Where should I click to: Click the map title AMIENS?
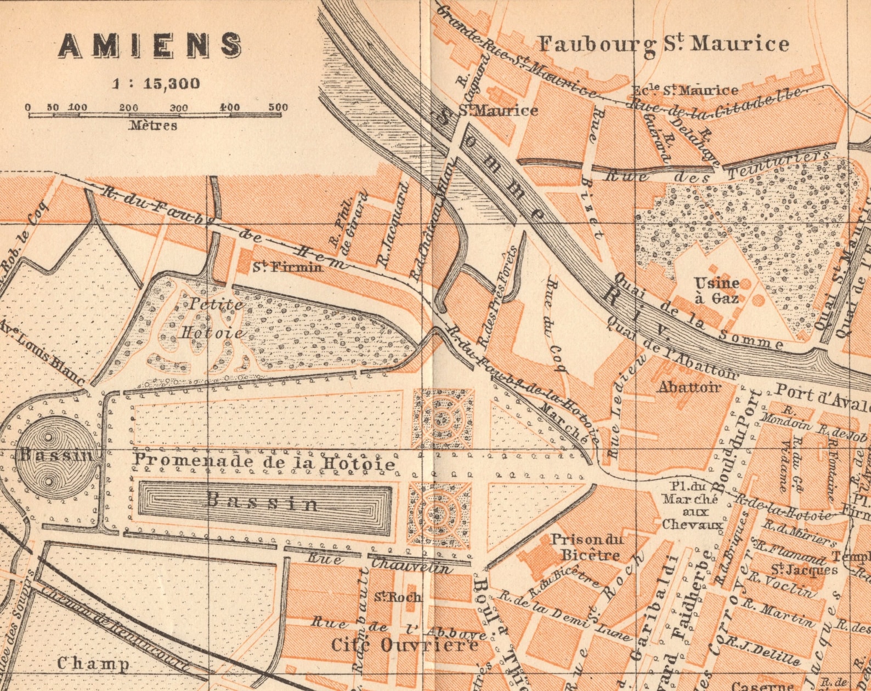tap(150, 45)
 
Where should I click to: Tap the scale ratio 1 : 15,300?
tap(156, 84)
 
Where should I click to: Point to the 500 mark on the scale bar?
tap(278, 107)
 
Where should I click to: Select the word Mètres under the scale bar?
tap(153, 125)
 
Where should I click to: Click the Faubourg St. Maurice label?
tap(663, 44)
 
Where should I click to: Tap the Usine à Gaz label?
tap(716, 290)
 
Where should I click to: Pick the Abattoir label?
tap(688, 387)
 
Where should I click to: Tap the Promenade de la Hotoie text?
tap(264, 462)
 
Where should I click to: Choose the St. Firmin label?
tap(287, 267)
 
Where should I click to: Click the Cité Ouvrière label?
tap(404, 645)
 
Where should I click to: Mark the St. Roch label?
tap(398, 597)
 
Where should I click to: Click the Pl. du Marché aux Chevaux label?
tap(692, 505)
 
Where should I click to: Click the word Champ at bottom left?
tap(93, 664)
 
